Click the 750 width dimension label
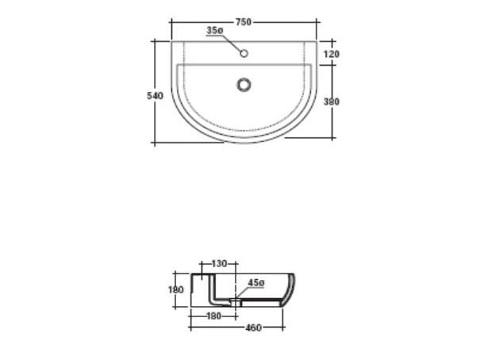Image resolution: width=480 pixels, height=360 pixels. pos(243,22)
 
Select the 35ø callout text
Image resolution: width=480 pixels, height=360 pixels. pos(214,30)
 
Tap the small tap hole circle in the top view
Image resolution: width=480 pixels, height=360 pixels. pos(244,54)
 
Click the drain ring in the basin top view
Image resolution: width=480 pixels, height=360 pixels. pos(244,85)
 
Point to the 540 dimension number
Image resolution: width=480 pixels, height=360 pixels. pos(155,96)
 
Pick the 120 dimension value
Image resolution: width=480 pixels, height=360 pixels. pos(332,54)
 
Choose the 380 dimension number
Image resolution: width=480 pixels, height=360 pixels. pos(332,101)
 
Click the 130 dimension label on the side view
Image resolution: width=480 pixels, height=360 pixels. pos(219,263)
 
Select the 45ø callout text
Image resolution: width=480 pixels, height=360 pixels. pos(256,283)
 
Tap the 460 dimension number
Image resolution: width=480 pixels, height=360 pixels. pos(253,327)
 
